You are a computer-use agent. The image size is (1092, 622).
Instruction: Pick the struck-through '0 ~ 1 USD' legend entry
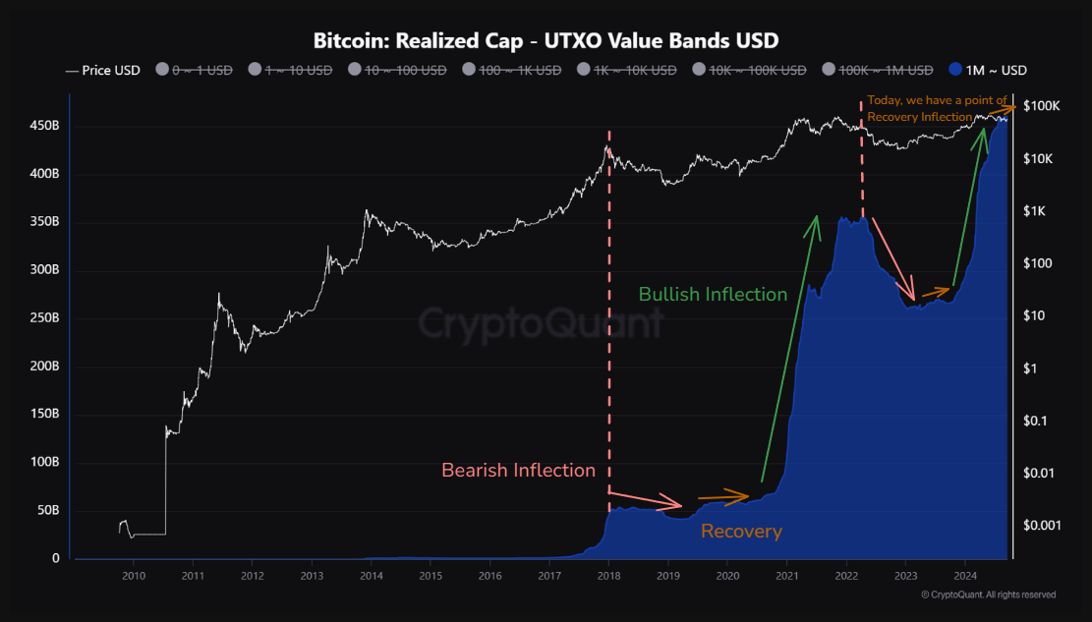coord(195,70)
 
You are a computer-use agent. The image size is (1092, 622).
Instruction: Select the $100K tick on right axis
coord(1041,106)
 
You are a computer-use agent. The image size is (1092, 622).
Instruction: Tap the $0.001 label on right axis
coord(1042,525)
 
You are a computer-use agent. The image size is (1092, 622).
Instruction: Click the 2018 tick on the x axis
coord(608,576)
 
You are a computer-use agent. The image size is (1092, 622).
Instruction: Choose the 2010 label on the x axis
coord(134,576)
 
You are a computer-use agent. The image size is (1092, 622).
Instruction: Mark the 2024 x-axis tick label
coord(965,576)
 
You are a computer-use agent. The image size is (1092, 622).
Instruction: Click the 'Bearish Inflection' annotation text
coord(518,471)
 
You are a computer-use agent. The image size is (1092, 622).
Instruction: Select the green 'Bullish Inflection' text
coord(713,294)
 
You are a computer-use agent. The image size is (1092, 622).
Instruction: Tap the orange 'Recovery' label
coord(741,532)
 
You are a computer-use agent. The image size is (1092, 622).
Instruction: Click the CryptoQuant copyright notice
coord(988,594)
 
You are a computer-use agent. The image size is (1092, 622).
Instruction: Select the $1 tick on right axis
coord(1030,368)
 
